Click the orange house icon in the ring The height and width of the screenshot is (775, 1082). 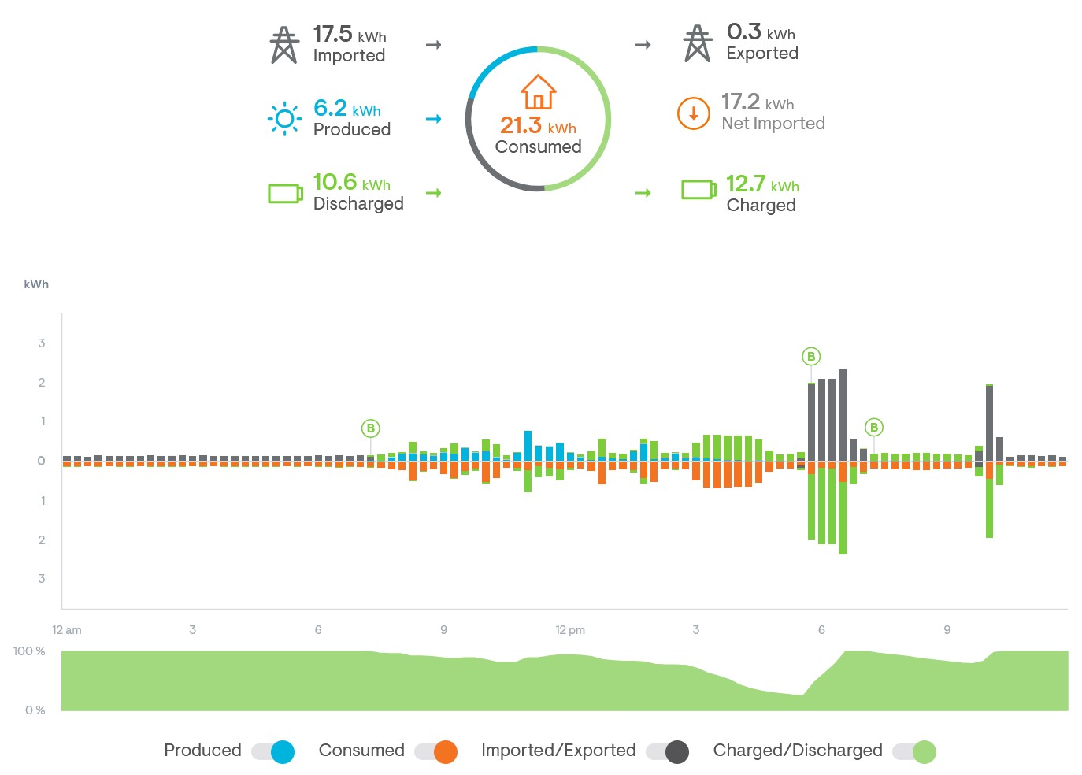pyautogui.click(x=538, y=92)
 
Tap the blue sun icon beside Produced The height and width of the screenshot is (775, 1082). pyautogui.click(x=284, y=119)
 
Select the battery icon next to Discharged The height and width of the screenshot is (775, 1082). pyautogui.click(x=285, y=193)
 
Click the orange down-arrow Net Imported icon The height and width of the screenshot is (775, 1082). pyautogui.click(x=694, y=113)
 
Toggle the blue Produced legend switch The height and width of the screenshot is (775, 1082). pyautogui.click(x=273, y=751)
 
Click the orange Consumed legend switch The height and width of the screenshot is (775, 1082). pyautogui.click(x=436, y=751)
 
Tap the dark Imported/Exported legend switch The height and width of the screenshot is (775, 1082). pyautogui.click(x=668, y=751)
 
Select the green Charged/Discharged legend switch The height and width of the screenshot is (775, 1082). pyautogui.click(x=914, y=751)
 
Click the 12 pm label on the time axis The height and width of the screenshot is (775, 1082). pyautogui.click(x=570, y=630)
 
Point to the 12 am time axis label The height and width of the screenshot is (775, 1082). pyautogui.click(x=67, y=630)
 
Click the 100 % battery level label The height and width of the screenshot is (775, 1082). pyautogui.click(x=29, y=651)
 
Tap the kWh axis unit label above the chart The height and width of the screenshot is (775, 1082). pyautogui.click(x=36, y=284)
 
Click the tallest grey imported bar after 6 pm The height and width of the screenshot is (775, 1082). pyautogui.click(x=843, y=414)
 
